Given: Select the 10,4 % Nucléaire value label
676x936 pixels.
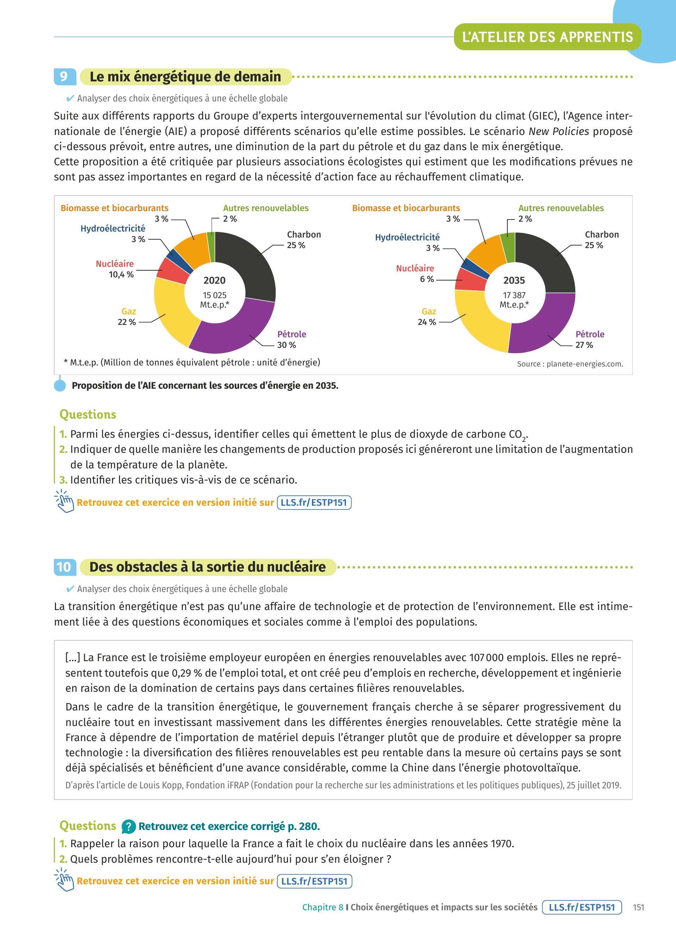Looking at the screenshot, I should (121, 275).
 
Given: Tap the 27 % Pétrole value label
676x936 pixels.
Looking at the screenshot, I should (584, 345).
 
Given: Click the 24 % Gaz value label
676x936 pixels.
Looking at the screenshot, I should (427, 322).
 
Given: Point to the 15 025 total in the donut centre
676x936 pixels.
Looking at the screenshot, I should (214, 295).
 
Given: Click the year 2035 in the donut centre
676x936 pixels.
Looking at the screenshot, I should (514, 280).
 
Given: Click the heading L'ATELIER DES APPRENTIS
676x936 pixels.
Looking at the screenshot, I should (547, 37).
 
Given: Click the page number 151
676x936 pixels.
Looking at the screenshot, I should (638, 907).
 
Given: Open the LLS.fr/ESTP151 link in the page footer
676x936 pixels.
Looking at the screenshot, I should (582, 907).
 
